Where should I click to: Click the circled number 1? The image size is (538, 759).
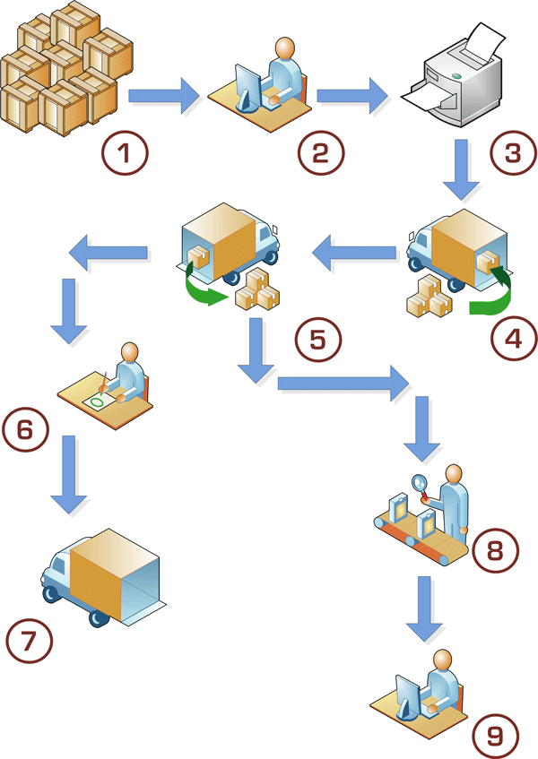126,152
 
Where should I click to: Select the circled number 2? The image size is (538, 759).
322,152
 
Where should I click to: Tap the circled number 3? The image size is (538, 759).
511,152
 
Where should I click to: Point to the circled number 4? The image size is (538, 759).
511,339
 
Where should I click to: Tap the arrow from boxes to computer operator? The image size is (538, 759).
164,95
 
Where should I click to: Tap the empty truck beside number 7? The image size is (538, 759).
103,574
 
